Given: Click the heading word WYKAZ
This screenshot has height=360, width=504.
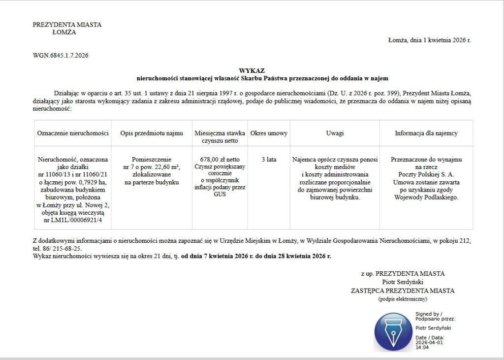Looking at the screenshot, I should pyautogui.click(x=252, y=71).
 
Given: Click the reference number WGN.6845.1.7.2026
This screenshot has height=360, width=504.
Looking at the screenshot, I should pyautogui.click(x=61, y=56).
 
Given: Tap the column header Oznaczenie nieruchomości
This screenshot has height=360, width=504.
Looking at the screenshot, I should pyautogui.click(x=72, y=133).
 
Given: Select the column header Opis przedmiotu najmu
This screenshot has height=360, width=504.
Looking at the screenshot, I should pyautogui.click(x=152, y=133).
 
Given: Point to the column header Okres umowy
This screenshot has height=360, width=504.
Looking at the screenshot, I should pyautogui.click(x=269, y=133).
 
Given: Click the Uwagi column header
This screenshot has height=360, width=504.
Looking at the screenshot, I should pyautogui.click(x=335, y=133).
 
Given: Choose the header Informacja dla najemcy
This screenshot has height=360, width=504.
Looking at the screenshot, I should pyautogui.click(x=426, y=133).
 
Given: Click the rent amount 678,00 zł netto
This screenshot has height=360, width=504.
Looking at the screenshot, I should pyautogui.click(x=220, y=160).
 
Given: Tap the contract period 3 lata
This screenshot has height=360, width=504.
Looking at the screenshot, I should pyautogui.click(x=269, y=160).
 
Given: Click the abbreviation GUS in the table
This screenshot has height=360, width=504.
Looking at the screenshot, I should pyautogui.click(x=220, y=194).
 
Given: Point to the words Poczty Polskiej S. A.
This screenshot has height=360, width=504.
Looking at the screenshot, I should pyautogui.click(x=426, y=174).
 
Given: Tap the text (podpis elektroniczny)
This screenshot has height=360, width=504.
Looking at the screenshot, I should pyautogui.click(x=403, y=299).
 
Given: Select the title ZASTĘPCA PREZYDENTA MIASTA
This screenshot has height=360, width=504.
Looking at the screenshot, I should pyautogui.click(x=403, y=291).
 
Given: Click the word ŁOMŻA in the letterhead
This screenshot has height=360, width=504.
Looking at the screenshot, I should pyautogui.click(x=64, y=33).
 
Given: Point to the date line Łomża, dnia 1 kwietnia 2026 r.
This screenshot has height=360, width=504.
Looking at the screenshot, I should pyautogui.click(x=429, y=40).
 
